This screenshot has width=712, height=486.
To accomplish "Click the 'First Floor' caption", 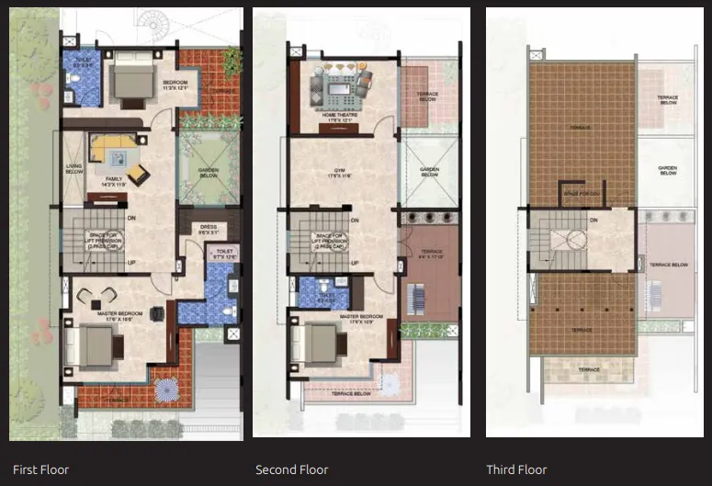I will (x=40, y=469).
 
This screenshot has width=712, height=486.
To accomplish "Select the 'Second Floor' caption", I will (x=291, y=469).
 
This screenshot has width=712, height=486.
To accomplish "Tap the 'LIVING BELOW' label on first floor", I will (x=74, y=169).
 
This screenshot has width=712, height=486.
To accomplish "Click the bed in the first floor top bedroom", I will (x=130, y=84).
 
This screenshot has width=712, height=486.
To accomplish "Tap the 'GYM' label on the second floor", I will (x=342, y=172).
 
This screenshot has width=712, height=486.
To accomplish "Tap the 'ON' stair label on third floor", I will (x=593, y=220).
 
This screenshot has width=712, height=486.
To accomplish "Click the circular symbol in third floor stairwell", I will (x=574, y=241).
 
